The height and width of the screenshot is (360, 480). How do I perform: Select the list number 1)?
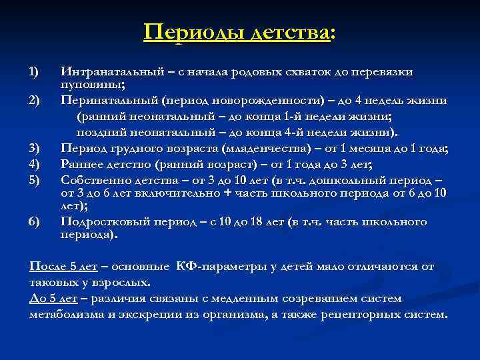point(35,72)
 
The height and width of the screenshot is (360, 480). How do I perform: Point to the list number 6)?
point(35,222)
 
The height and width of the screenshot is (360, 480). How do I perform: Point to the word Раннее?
point(81,163)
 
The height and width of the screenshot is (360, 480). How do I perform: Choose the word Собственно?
point(93,179)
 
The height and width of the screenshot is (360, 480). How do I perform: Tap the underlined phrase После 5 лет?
point(64,266)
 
